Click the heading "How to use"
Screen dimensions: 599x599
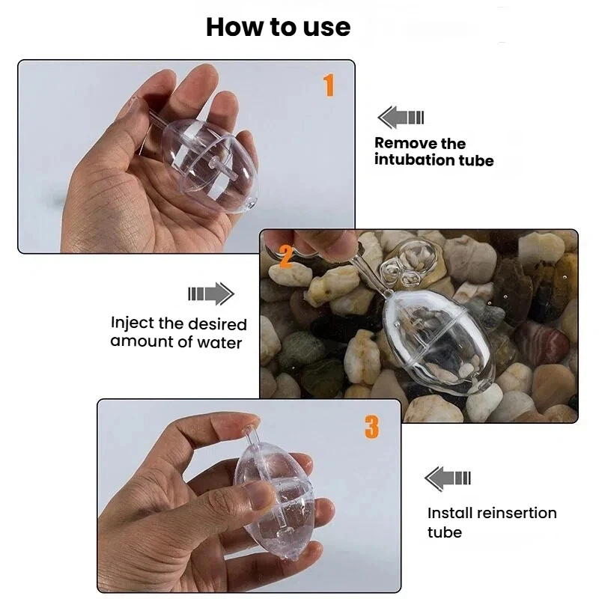point(278,27)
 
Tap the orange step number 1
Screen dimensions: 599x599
point(329,85)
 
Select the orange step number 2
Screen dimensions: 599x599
point(286,255)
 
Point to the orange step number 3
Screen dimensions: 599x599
point(371,427)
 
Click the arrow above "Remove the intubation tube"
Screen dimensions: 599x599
point(401,118)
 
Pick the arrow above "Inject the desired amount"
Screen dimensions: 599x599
point(211,294)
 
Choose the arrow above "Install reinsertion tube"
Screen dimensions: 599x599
point(448,478)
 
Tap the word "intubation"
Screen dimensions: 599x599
point(415,159)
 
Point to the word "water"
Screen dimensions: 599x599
point(219,343)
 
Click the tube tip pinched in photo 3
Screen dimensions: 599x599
point(249,429)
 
